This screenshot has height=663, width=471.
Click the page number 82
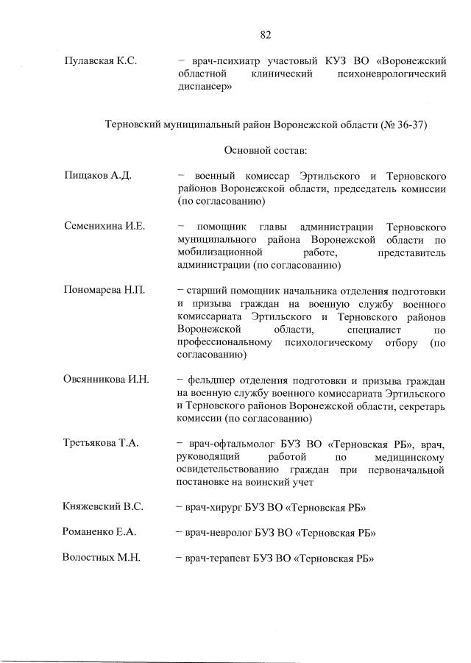pyautogui.click(x=266, y=34)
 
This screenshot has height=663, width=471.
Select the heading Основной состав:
pyautogui.click(x=266, y=150)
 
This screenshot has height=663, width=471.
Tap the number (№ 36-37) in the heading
pyautogui.click(x=403, y=125)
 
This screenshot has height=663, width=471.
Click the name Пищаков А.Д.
pyautogui.click(x=98, y=176)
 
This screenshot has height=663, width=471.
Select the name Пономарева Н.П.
pyautogui.click(x=104, y=290)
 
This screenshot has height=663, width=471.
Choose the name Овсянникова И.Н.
pyautogui.click(x=107, y=379)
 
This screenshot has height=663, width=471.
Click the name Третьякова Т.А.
pyautogui.click(x=102, y=444)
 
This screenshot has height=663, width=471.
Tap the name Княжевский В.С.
pyautogui.click(x=104, y=507)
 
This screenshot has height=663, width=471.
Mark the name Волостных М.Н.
pyautogui.click(x=102, y=558)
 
